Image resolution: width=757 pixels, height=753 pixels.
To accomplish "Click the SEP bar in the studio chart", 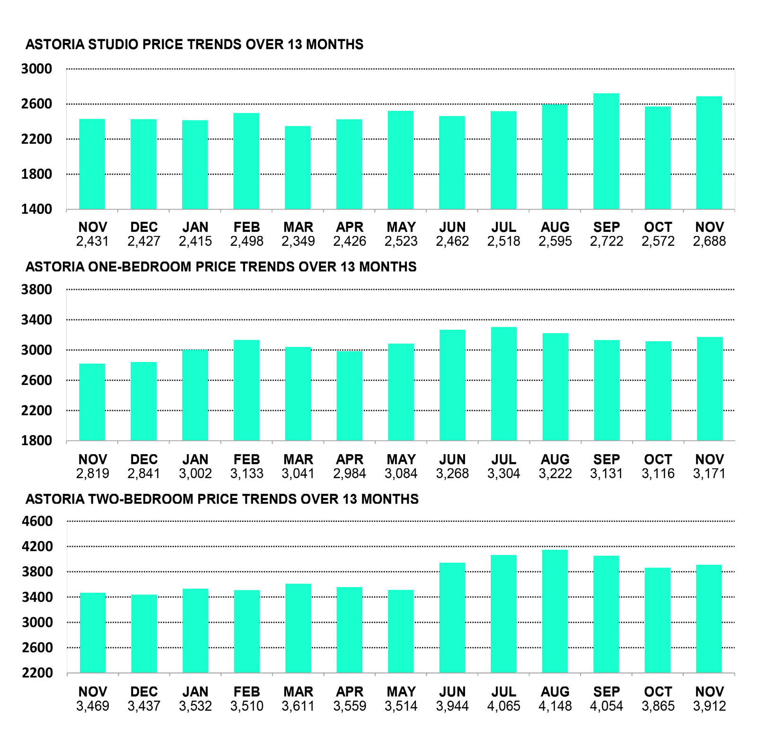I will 606,151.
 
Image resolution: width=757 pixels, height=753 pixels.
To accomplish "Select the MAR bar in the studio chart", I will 298,167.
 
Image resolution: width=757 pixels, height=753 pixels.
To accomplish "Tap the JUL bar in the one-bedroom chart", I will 503,384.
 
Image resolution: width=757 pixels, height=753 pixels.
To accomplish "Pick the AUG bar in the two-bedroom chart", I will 555,611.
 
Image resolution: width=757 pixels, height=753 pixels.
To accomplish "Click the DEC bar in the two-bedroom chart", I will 144,633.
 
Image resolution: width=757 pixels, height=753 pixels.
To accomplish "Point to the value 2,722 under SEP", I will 606,241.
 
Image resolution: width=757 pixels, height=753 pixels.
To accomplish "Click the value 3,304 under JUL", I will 503,473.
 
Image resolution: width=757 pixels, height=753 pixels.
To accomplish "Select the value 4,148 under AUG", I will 555,706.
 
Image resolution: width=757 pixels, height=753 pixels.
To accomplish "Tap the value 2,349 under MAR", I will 298,241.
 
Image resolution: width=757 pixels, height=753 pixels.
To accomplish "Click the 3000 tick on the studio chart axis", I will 36,69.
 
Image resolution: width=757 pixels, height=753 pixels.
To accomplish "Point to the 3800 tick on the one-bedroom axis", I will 36,289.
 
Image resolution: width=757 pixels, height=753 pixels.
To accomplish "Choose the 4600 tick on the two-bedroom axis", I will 37,521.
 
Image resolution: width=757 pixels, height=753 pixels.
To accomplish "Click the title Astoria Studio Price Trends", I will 194,44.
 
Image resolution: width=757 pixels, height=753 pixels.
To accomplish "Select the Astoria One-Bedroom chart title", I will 221,267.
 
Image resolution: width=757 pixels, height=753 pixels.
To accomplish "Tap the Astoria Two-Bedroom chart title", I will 222,499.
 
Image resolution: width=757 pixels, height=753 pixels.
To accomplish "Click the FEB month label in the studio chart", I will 246,227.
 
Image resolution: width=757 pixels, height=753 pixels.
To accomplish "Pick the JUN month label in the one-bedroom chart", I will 452,459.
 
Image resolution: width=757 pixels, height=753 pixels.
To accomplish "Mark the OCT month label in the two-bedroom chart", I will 658,692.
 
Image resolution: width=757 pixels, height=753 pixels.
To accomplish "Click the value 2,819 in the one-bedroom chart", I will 92,473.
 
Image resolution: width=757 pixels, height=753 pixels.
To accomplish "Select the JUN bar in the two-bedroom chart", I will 452,617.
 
